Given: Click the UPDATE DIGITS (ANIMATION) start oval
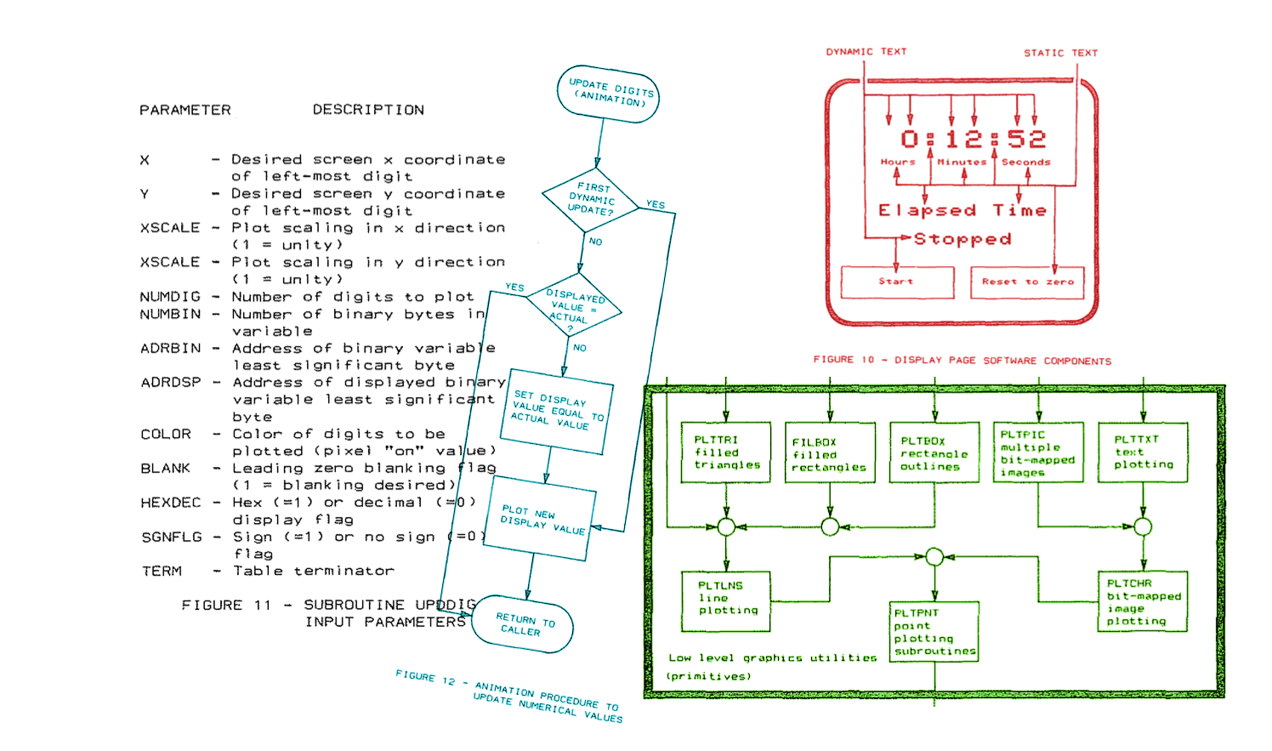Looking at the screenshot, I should [608, 93].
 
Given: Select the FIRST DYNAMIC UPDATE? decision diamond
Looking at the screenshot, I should [590, 199].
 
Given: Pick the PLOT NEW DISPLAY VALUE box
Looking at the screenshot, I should [544, 518].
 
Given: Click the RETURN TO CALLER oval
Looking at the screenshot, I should [524, 624].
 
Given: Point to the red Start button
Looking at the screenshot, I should [897, 282].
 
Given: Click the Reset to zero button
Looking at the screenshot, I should [1027, 282].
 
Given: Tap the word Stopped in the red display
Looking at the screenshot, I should [963, 239].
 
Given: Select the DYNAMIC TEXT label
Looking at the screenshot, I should [866, 52].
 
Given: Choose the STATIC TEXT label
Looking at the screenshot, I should [1060, 53].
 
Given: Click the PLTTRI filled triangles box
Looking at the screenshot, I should [726, 452].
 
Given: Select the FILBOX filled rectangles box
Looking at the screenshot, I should [829, 454].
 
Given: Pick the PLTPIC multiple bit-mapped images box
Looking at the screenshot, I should [1038, 452].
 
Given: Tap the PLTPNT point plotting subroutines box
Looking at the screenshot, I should [934, 632].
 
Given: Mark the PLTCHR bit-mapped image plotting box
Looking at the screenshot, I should [1143, 602].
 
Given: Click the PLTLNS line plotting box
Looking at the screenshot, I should [726, 600].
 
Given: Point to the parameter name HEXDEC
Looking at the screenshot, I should [171, 503].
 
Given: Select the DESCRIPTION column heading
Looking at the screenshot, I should [368, 110].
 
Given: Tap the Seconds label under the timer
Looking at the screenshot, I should [1025, 162].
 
